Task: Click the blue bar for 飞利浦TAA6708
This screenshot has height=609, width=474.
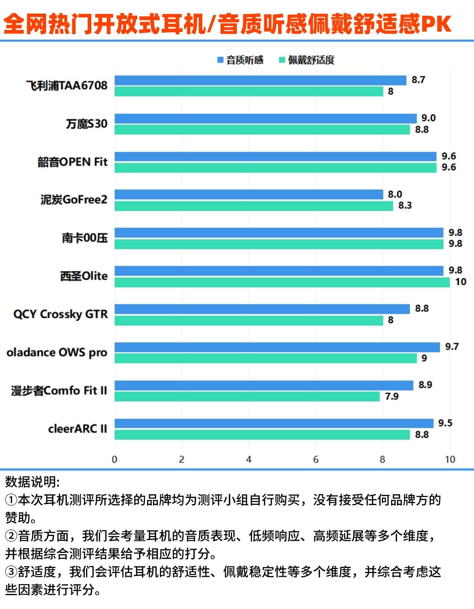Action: tap(260, 80)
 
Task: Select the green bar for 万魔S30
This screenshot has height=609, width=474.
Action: tap(262, 130)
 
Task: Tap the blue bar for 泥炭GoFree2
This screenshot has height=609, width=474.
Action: tap(249, 194)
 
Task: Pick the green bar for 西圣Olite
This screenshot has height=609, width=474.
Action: tap(282, 282)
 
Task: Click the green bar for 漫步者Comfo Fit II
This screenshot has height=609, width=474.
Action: tap(247, 397)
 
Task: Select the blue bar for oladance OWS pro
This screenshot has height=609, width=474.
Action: tap(277, 347)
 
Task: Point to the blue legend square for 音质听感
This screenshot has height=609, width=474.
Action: tap(220, 60)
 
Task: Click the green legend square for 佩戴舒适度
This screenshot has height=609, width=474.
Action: tap(282, 60)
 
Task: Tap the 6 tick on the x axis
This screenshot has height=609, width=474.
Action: tap(316, 459)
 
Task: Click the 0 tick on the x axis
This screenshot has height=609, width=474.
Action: tap(114, 459)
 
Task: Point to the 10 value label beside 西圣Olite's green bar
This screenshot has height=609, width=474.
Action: tap(460, 282)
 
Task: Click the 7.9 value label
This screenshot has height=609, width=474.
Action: tap(391, 397)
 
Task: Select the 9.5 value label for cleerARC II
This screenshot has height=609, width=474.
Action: tap(445, 423)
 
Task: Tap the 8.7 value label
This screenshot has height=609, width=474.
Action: tap(418, 80)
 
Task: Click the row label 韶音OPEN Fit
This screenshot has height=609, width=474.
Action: tap(73, 162)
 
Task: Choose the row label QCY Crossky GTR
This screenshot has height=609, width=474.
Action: tap(61, 314)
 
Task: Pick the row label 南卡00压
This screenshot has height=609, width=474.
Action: tap(85, 238)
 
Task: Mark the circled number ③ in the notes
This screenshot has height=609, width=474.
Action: tap(11, 572)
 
